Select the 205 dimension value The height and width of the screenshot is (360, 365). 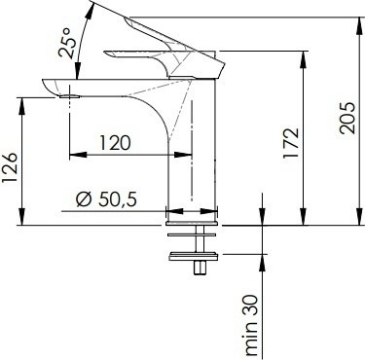347,118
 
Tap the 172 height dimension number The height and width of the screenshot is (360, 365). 290,143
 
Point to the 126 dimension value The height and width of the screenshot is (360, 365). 10,168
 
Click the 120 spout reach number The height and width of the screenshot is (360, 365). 115,143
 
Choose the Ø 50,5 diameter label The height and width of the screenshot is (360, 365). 106,199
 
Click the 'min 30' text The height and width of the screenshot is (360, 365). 251,325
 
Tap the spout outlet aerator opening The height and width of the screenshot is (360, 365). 69,96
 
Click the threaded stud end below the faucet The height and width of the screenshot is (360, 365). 200,269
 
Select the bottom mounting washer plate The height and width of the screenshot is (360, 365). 193,256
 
